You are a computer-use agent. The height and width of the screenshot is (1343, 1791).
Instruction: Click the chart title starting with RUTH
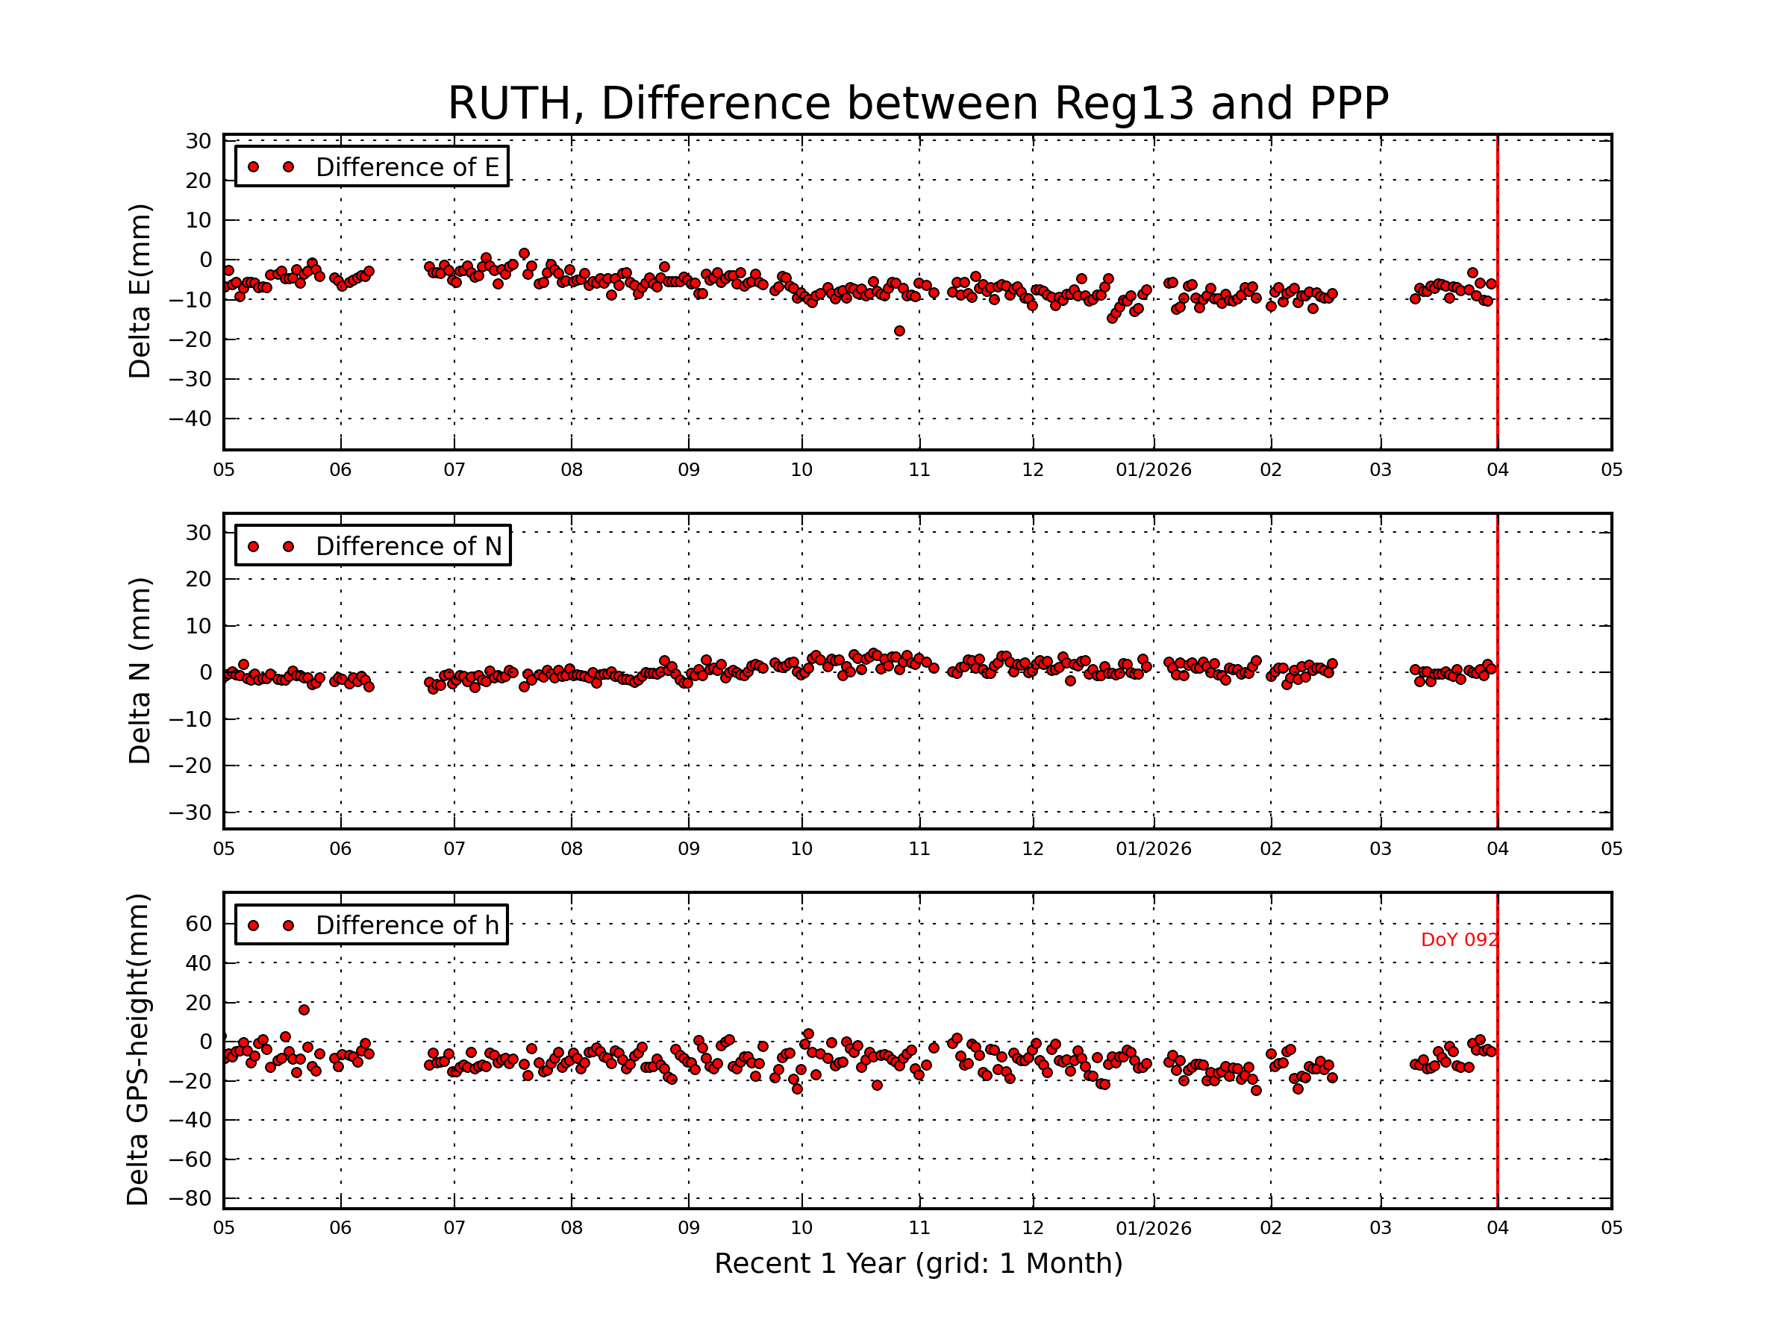pyautogui.click(x=918, y=104)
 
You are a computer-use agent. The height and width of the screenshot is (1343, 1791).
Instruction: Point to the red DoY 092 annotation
pyautogui.click(x=1459, y=940)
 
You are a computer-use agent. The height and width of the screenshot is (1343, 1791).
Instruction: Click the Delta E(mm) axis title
pyautogui.click(x=140, y=292)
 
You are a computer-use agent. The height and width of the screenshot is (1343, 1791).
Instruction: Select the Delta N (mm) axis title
pyautogui.click(x=140, y=670)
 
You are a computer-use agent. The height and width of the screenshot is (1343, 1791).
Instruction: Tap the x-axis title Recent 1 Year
pyautogui.click(x=918, y=1263)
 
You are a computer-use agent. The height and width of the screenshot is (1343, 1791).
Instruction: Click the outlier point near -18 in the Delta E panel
pyautogui.click(x=899, y=331)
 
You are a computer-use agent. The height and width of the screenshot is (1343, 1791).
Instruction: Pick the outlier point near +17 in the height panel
pyautogui.click(x=304, y=1009)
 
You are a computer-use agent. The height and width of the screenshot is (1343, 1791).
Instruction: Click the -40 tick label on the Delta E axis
pyautogui.click(x=190, y=419)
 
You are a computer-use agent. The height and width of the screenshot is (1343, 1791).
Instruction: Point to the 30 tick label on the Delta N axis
pyautogui.click(x=199, y=533)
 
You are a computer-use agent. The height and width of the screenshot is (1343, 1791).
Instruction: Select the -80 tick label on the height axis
pyautogui.click(x=190, y=1198)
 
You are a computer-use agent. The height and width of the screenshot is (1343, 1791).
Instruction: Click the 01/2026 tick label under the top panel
pyautogui.click(x=1154, y=470)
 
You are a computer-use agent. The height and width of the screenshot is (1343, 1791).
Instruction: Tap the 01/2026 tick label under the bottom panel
pyautogui.click(x=1154, y=1228)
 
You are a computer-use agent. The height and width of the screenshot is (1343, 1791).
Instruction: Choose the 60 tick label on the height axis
pyautogui.click(x=199, y=924)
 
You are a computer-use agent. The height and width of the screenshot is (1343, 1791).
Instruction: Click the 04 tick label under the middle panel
pyautogui.click(x=1497, y=849)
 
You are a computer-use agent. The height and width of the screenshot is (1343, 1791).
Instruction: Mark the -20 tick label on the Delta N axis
pyautogui.click(x=190, y=766)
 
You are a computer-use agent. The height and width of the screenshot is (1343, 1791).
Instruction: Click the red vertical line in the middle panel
pyautogui.click(x=1497, y=728)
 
